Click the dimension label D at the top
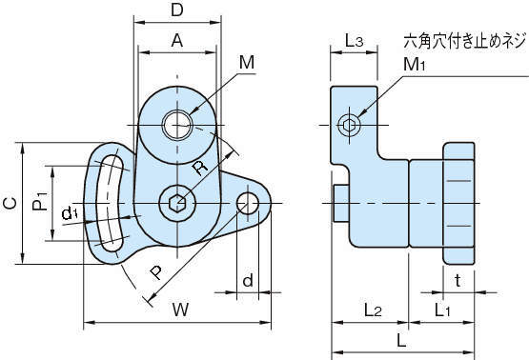[x=176, y=10]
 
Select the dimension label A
[x=177, y=40]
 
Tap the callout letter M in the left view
[x=247, y=62]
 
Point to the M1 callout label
[x=415, y=64]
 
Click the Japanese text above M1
[x=465, y=41]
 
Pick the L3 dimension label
[x=354, y=41]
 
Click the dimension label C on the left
[x=10, y=203]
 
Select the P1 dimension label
[x=40, y=201]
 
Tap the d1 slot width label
[x=70, y=213]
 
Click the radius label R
[x=200, y=168]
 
